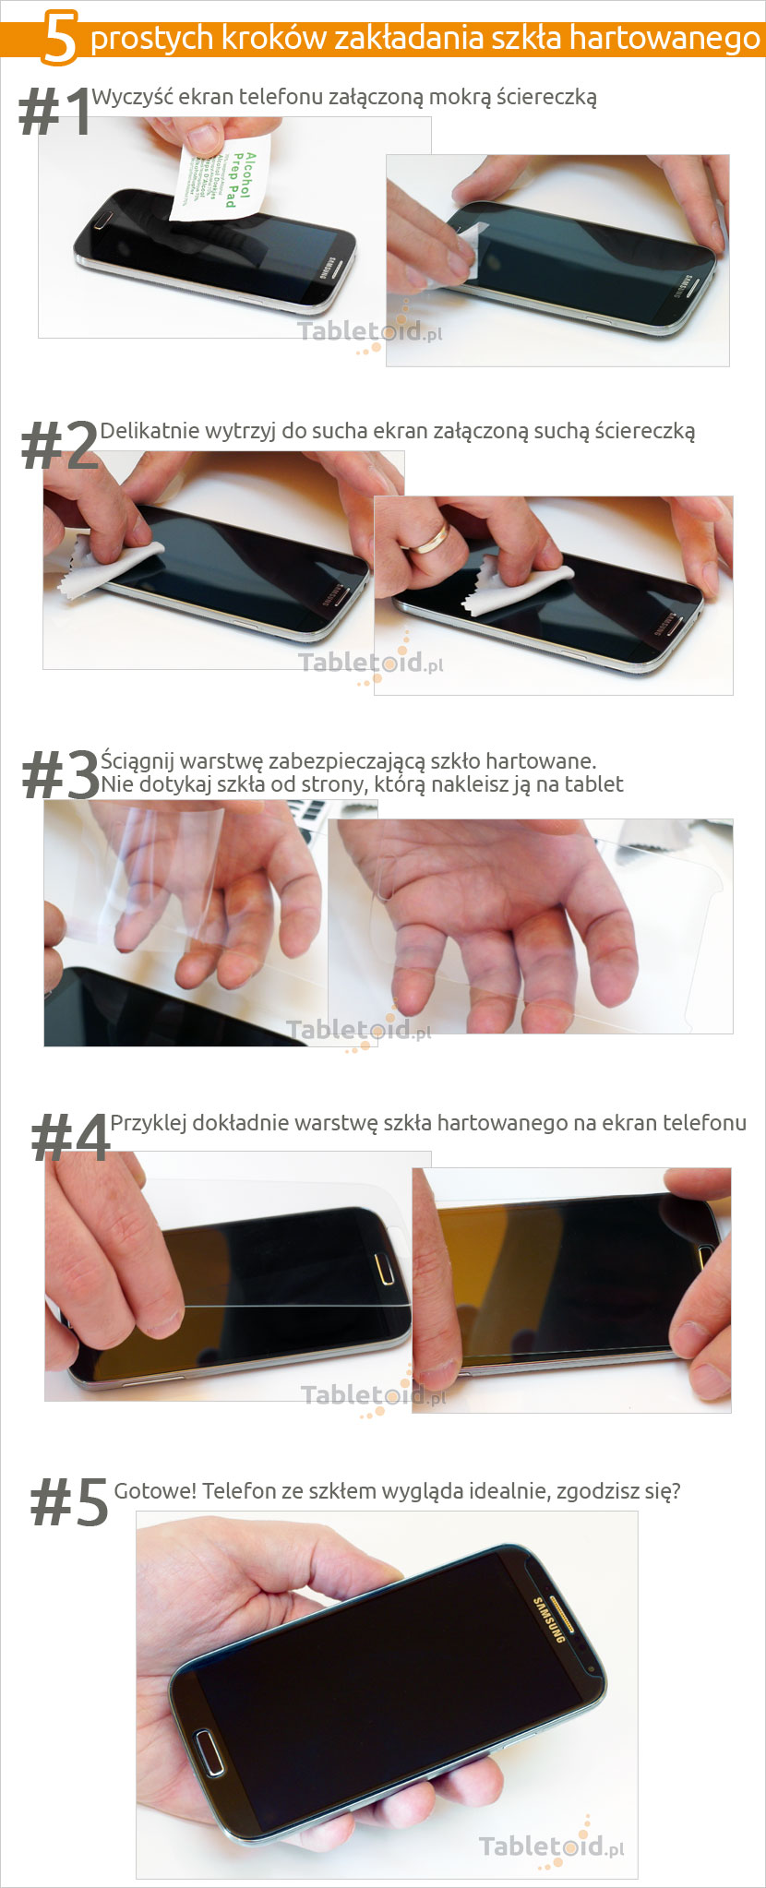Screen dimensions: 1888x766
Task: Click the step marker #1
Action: click(54, 114)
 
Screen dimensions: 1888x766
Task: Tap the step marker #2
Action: click(59, 447)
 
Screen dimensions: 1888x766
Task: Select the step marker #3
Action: click(60, 775)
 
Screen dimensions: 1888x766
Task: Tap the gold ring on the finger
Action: click(429, 538)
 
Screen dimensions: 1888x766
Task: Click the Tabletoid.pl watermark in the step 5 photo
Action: click(551, 1846)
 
